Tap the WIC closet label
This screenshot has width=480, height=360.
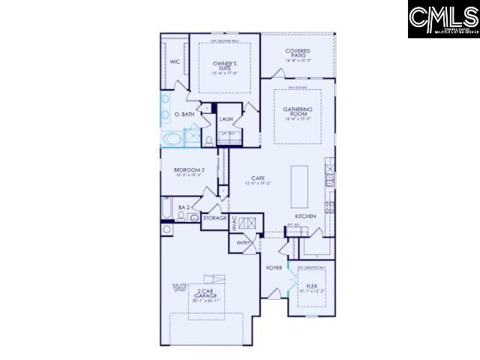174,62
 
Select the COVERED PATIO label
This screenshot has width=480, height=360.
298,52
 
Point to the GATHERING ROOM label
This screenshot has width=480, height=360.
298,112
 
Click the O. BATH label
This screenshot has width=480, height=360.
184,114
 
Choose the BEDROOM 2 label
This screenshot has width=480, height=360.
189,170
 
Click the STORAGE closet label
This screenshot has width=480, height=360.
214,217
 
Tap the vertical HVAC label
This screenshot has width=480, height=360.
235,222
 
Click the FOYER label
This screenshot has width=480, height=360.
274,266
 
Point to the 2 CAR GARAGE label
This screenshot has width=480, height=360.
206,293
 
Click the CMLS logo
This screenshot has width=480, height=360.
443,19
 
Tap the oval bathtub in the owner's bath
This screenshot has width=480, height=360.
172,139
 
